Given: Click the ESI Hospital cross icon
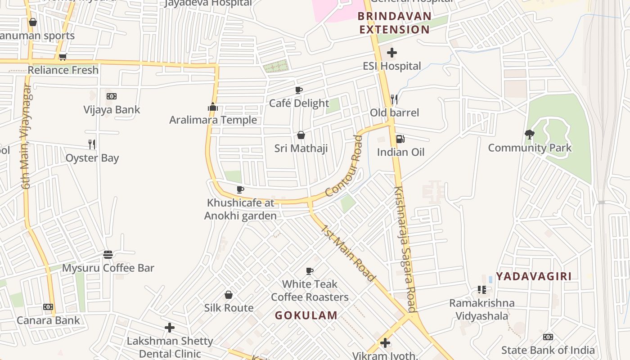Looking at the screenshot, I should coord(392,53).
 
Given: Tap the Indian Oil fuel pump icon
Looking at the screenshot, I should coord(399,139).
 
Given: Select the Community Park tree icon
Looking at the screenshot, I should coord(530,135).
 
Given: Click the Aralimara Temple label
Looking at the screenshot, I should coord(213,120).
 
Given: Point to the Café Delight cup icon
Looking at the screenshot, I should coord(299,90).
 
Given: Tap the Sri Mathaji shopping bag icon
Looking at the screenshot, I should coord(301,135).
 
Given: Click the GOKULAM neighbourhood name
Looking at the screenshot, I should coord(306,315).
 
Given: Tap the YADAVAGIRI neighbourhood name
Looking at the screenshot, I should coord(534,276).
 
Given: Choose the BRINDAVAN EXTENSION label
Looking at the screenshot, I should coord(394,23).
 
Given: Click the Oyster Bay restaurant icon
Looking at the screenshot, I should coord(92,144).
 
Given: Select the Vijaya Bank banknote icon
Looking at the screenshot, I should coord(112,96).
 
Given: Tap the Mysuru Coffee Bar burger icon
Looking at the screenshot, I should coord(108,255).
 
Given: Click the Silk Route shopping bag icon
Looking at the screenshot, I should coord(229,295).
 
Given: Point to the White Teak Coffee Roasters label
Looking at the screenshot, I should coord(310,291).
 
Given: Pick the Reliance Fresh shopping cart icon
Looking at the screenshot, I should coord(63,57).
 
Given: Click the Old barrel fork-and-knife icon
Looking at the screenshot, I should coord(394,99).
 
